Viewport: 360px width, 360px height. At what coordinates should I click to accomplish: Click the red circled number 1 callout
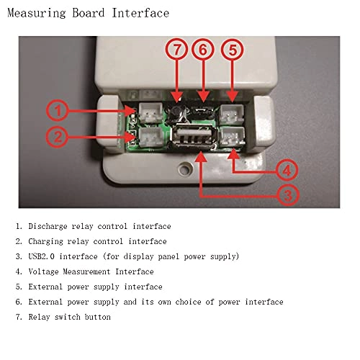[58, 111]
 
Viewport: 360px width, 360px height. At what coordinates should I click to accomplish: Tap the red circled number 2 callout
[58, 137]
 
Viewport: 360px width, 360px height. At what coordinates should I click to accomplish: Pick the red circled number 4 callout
[287, 170]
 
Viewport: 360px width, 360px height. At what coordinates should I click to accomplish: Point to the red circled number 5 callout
[233, 50]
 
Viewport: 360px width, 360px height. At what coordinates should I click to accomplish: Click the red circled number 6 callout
[203, 50]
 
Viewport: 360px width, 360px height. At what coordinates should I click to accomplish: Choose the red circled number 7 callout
[176, 50]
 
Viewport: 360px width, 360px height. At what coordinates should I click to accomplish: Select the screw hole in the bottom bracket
[184, 168]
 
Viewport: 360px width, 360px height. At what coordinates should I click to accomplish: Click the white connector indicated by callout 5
[233, 114]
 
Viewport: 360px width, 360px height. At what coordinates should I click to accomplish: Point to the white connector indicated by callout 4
[233, 137]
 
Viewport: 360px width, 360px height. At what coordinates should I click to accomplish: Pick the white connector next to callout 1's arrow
[150, 112]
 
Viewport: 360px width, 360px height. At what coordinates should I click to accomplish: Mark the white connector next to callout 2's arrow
[150, 137]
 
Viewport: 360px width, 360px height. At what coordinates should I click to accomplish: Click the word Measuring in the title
[37, 13]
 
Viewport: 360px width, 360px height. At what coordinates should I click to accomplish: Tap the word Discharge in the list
[48, 226]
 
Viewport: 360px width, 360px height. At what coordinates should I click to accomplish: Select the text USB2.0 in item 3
[42, 256]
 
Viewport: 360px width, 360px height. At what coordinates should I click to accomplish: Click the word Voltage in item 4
[43, 271]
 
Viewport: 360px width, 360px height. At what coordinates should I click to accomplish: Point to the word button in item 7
[98, 317]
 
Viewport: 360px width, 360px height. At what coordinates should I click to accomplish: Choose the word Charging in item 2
[45, 241]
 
